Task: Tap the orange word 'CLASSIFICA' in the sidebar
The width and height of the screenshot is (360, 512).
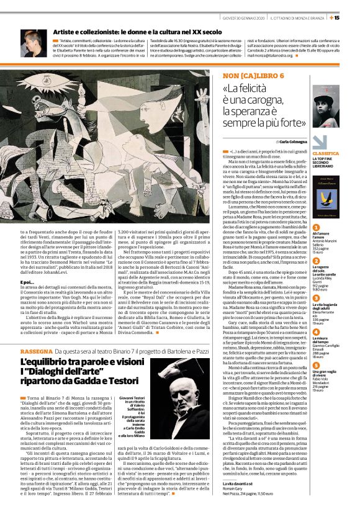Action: click(326, 153)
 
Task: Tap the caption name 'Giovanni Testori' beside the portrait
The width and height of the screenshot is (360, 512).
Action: click(132, 397)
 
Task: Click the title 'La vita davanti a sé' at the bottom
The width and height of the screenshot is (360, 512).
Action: click(237, 483)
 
